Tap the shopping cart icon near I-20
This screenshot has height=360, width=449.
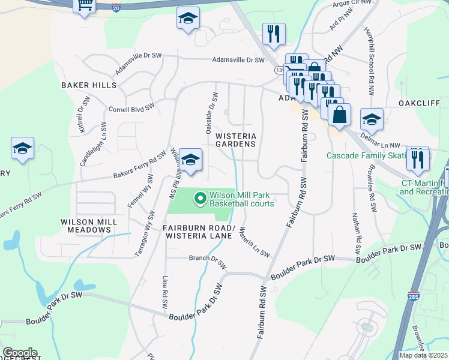click(85, 5)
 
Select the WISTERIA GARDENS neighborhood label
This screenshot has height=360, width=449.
click(236, 140)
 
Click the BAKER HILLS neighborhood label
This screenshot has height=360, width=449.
click(89, 85)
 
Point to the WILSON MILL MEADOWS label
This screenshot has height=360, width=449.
click(89, 226)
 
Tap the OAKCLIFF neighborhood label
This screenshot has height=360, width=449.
click(420, 103)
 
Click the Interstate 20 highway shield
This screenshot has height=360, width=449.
click(116, 8)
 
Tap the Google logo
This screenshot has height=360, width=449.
click(20, 353)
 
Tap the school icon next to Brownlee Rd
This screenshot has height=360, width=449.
click(372, 120)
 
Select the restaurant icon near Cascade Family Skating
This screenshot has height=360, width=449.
click(418, 159)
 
